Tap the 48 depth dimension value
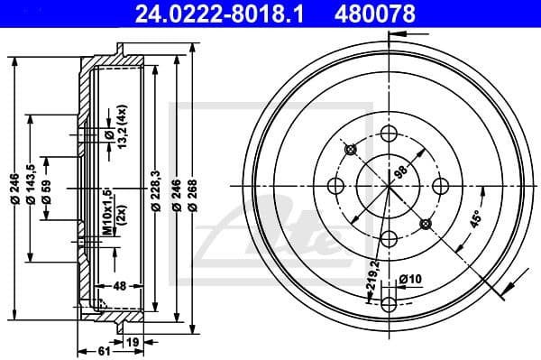coord(117,287)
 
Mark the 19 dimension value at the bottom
coord(133,343)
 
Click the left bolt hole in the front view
coord(337,185)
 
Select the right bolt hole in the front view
coord(442,185)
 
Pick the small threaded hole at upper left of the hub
coord(353,149)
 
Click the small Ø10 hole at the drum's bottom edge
coord(390,302)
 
